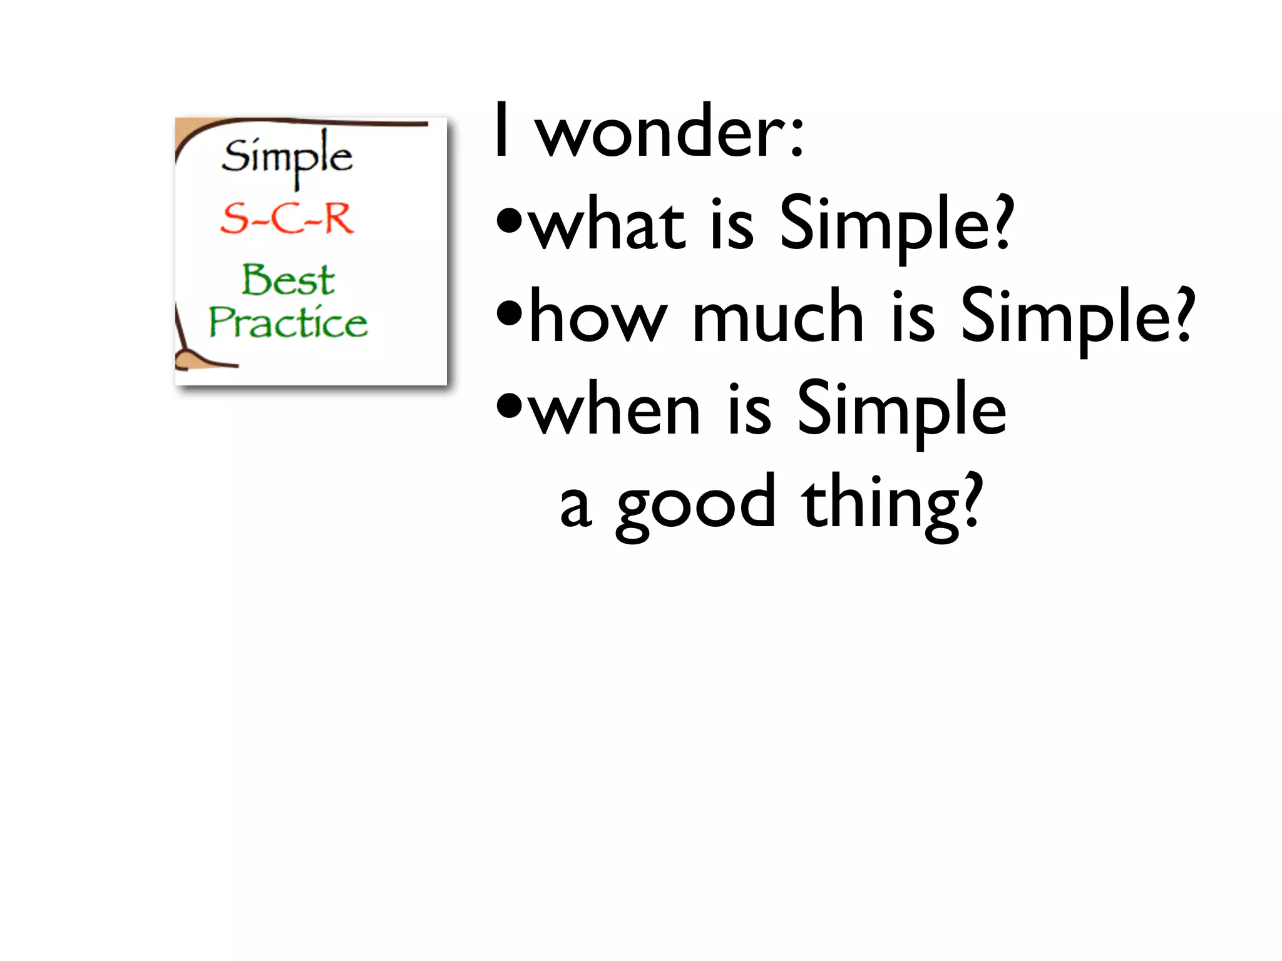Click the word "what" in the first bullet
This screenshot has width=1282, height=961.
click(607, 225)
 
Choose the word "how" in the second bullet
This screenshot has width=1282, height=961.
click(598, 317)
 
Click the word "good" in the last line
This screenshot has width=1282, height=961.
click(695, 504)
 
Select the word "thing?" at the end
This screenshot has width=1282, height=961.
click(892, 503)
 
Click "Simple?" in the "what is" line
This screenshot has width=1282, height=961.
click(896, 225)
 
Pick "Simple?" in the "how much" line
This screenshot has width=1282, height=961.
click(1077, 318)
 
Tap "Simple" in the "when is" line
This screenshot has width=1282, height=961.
click(901, 410)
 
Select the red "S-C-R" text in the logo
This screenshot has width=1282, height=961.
click(287, 218)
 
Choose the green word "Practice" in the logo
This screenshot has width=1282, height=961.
click(288, 322)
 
